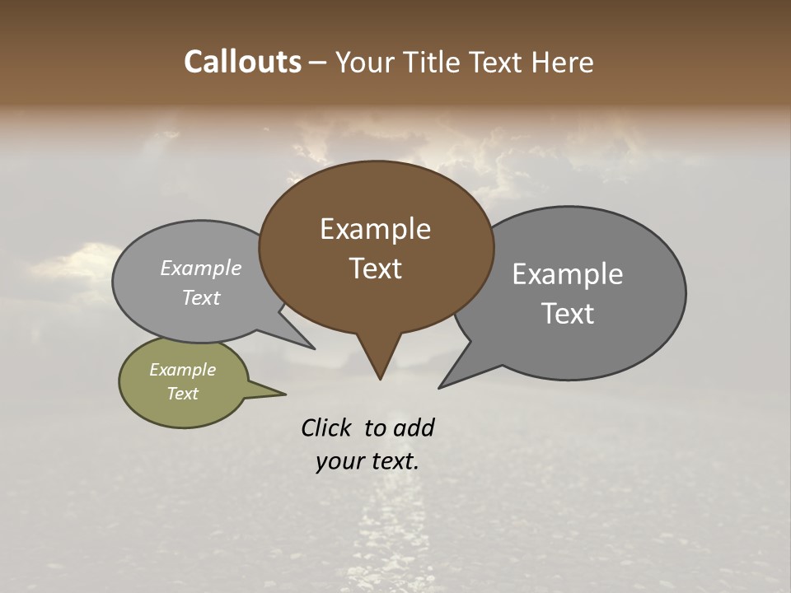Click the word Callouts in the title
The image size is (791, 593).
pyautogui.click(x=242, y=62)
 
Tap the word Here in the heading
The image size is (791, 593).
pyautogui.click(x=563, y=62)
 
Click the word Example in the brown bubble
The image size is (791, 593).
pyautogui.click(x=375, y=229)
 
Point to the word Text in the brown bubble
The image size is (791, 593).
pyautogui.click(x=376, y=268)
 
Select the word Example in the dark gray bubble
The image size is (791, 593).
pyautogui.click(x=567, y=274)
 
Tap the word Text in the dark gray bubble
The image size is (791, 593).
pyautogui.click(x=568, y=314)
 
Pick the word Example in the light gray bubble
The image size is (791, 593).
pyautogui.click(x=200, y=268)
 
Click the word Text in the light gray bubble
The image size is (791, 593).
pyautogui.click(x=200, y=298)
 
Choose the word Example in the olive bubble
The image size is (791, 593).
pyautogui.click(x=182, y=370)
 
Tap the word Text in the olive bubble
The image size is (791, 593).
pyautogui.click(x=182, y=394)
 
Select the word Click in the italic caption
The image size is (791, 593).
pyautogui.click(x=327, y=427)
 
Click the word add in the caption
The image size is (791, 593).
pyautogui.click(x=413, y=427)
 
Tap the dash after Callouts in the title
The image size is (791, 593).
pyautogui.click(x=318, y=63)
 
